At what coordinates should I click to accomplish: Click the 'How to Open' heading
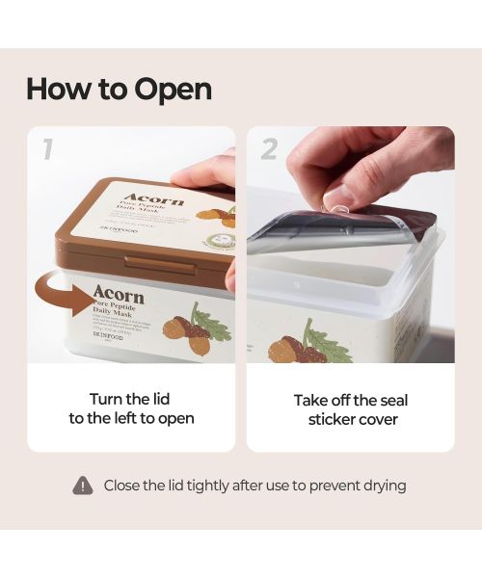(119, 89)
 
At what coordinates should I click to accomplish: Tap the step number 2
(269, 148)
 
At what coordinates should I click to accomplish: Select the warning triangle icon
(83, 486)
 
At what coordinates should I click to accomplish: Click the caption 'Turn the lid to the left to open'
(131, 408)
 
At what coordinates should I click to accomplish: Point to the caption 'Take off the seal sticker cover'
(351, 409)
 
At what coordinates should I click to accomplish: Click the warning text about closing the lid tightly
(254, 486)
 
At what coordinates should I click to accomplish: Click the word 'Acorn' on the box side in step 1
(119, 295)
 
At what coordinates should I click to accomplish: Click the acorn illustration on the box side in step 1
(193, 332)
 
